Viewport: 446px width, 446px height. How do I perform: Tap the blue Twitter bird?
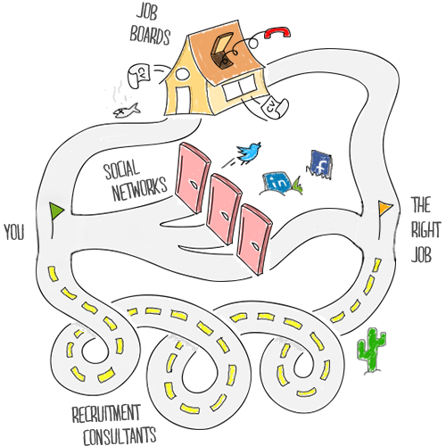coord(249,153)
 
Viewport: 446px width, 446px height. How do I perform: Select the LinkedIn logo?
coord(277,182)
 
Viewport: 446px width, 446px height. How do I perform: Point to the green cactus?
coord(371,351)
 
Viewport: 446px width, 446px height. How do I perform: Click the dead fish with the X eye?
coord(127,111)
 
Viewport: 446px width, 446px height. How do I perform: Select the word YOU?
coord(14,232)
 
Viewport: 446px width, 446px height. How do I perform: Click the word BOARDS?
coord(150,37)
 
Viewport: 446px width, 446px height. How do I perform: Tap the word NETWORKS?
coord(139,189)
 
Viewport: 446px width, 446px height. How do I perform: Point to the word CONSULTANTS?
coord(120,436)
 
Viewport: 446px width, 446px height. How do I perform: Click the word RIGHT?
coord(425,229)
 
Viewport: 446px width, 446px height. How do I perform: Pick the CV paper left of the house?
coord(139,75)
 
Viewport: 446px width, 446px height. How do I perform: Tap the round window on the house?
coord(183,74)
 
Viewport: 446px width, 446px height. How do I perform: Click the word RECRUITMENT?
coord(106,413)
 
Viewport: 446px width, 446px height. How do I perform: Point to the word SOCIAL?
coord(121,169)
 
